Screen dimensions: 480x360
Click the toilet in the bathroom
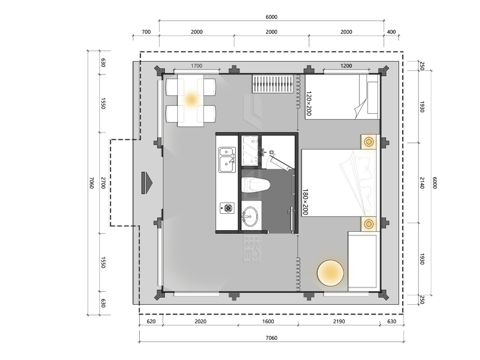(x=255, y=185)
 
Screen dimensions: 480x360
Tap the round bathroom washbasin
(x=250, y=217)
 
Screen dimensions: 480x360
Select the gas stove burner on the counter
(x=227, y=208)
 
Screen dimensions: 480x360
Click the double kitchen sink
(x=227, y=159)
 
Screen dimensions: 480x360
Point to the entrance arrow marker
(x=147, y=183)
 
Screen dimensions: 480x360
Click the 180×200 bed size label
(x=305, y=202)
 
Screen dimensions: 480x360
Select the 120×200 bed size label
(x=308, y=103)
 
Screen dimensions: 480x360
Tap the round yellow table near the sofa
(x=330, y=273)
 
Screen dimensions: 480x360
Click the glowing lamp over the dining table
(x=191, y=99)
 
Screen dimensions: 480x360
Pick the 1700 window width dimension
(x=196, y=66)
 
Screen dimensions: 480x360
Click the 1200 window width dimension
(x=346, y=66)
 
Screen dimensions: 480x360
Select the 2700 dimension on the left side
(x=103, y=183)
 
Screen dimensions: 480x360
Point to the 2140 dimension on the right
(x=422, y=183)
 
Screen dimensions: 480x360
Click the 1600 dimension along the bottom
(x=268, y=322)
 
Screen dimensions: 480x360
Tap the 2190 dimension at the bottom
(x=339, y=322)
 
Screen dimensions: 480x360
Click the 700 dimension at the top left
(x=146, y=32)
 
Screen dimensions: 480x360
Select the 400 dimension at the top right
(x=391, y=32)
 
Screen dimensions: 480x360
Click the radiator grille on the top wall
(x=273, y=83)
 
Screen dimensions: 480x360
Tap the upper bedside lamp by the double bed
(x=368, y=142)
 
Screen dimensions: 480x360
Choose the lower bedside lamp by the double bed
(x=368, y=224)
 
